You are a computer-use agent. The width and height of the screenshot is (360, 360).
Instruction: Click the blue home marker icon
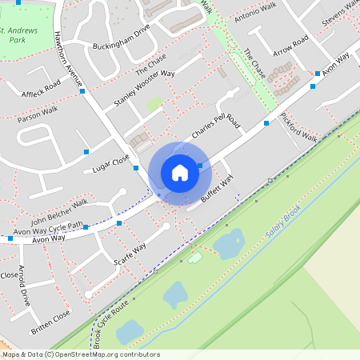180,172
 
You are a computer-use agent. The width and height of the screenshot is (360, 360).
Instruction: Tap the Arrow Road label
290,47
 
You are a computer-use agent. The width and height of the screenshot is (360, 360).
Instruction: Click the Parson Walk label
38,114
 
